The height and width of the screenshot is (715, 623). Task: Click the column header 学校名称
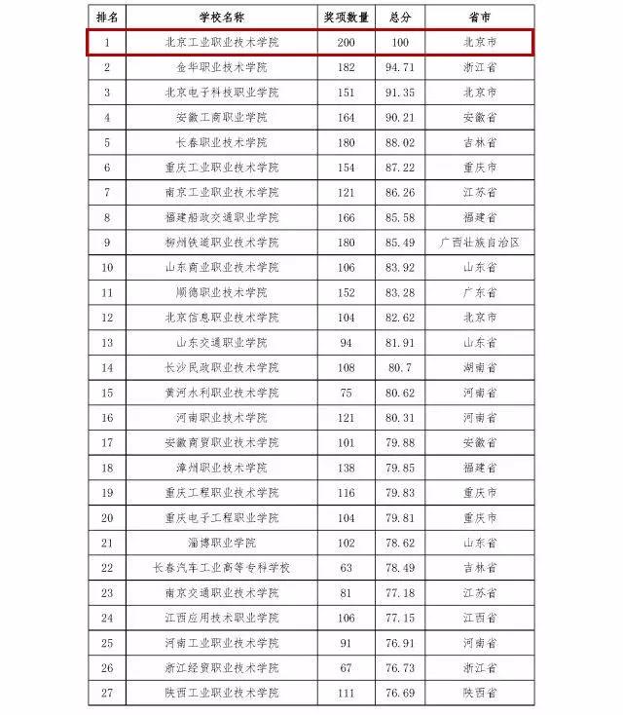pos(222,18)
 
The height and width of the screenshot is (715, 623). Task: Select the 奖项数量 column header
pos(347,18)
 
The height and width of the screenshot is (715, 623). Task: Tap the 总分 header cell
pos(401,18)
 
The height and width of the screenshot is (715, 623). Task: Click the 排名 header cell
pos(107,18)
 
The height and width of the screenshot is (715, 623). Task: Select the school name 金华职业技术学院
pos(222,67)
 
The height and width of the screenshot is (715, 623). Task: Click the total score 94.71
pos(401,67)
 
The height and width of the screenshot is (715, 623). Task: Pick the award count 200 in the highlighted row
pos(347,43)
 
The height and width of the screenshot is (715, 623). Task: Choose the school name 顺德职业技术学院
pos(222,292)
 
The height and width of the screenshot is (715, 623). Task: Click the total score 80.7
pos(401,367)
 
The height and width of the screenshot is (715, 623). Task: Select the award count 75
pos(347,393)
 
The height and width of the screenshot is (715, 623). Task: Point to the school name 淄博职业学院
pos(222,543)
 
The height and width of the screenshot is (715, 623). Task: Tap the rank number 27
pos(107,693)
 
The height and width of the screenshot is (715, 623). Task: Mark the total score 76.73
pos(401,667)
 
